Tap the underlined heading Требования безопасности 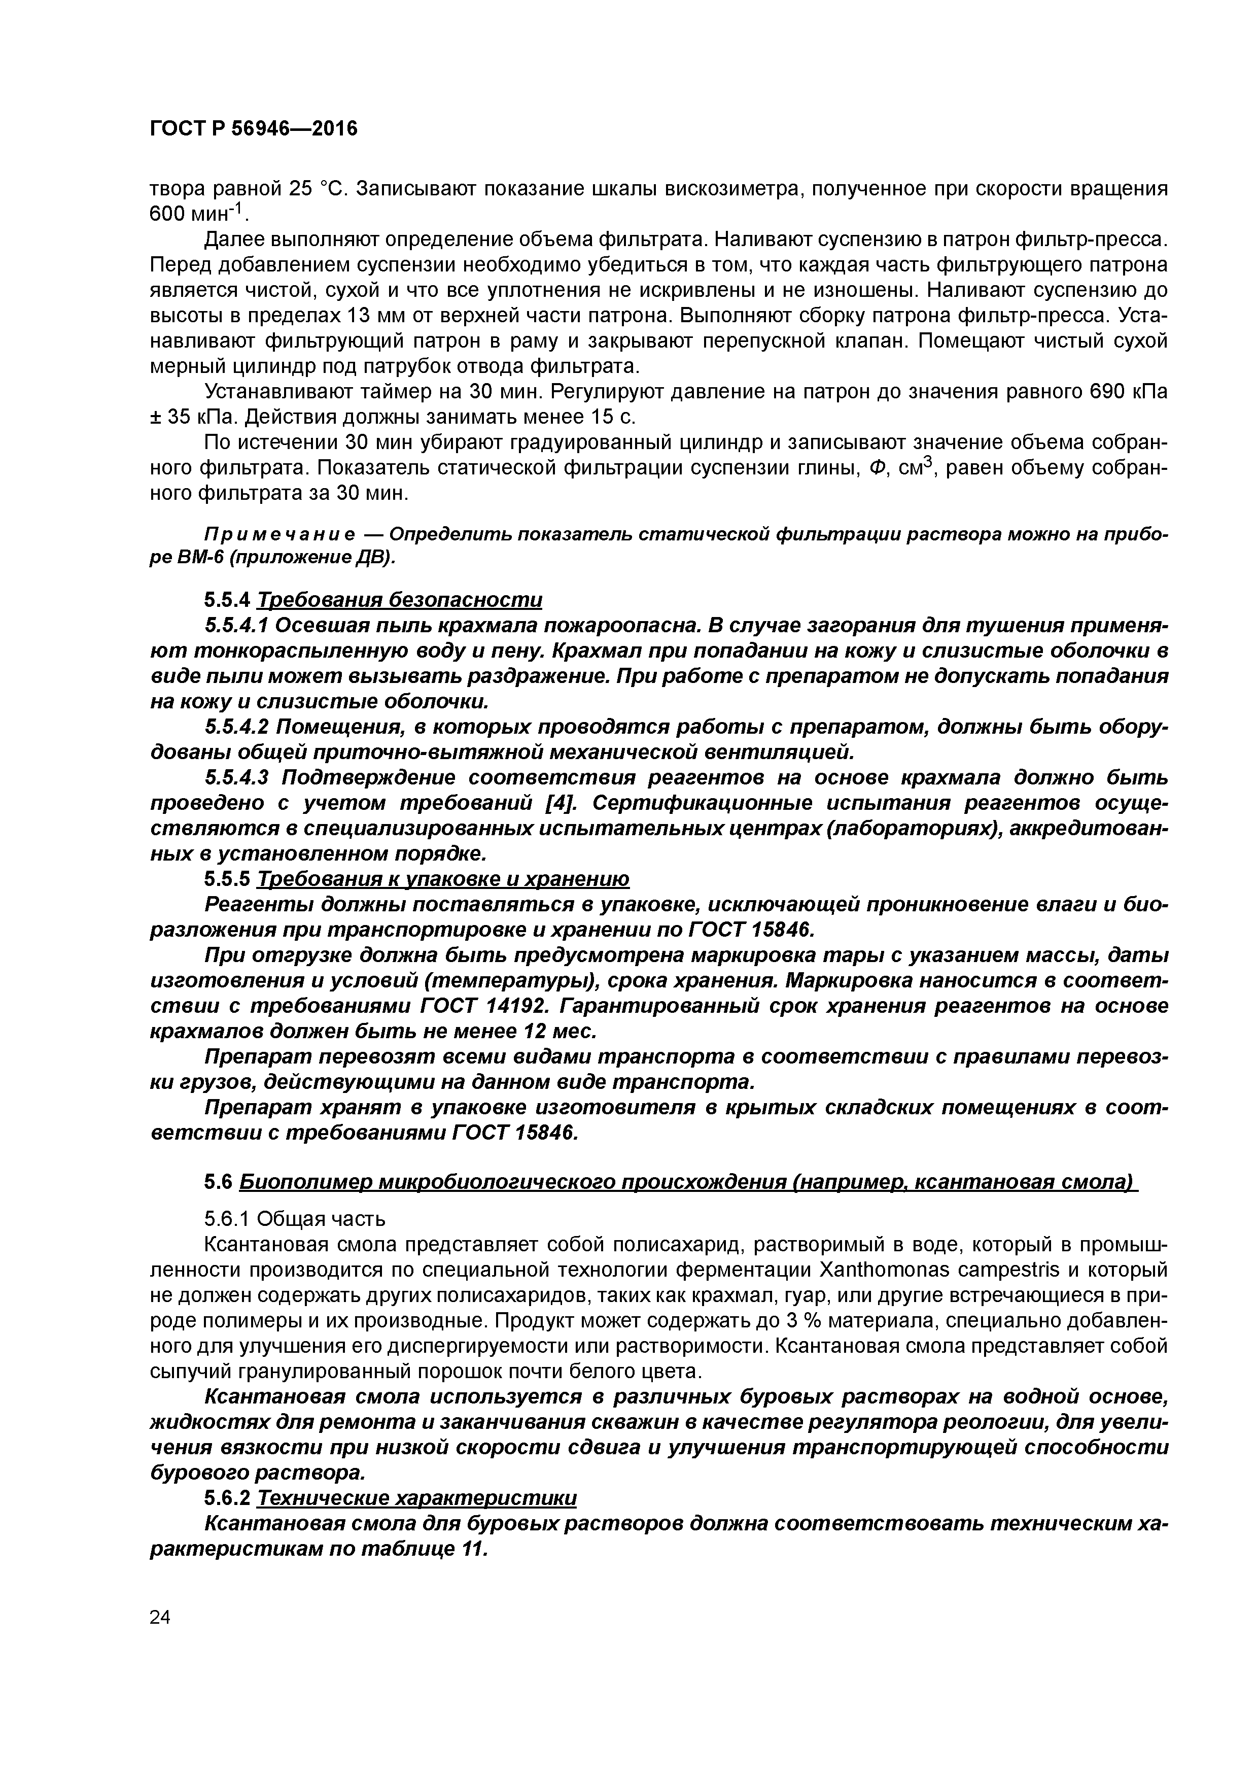tap(399, 600)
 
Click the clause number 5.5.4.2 tap(236, 727)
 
